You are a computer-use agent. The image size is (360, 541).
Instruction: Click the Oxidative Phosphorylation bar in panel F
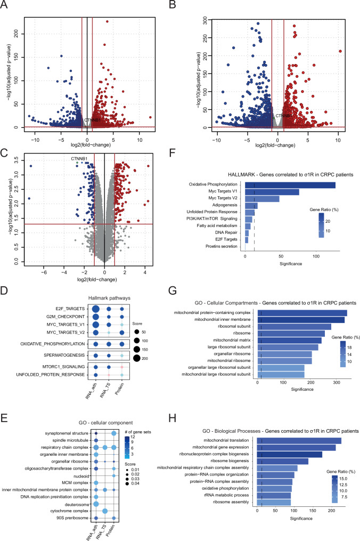pyautogui.click(x=290, y=185)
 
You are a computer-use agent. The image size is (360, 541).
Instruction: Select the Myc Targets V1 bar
pyautogui.click(x=272, y=192)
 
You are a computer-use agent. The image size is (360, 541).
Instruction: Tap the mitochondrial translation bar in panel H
pyautogui.click(x=299, y=441)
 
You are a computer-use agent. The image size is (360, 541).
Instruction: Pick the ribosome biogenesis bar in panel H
pyautogui.click(x=283, y=461)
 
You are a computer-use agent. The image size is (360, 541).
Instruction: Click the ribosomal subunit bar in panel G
pyautogui.click(x=294, y=327)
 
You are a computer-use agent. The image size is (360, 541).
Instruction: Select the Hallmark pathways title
pyautogui.click(x=109, y=298)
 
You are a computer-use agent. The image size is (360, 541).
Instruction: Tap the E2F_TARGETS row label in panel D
pyautogui.click(x=70, y=309)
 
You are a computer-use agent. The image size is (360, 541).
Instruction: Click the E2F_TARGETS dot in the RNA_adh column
pyautogui.click(x=96, y=309)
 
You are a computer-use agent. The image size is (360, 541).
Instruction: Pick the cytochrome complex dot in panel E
pyautogui.click(x=105, y=511)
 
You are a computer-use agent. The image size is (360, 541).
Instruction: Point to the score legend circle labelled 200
pyautogui.click(x=136, y=359)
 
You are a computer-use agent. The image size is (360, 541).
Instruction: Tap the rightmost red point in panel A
pyautogui.click(x=150, y=117)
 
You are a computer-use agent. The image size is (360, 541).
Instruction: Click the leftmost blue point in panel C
pyautogui.click(x=29, y=198)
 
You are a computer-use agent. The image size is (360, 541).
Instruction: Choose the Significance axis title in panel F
pyautogui.click(x=291, y=264)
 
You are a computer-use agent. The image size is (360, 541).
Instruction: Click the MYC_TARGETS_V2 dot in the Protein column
pyautogui.click(x=122, y=333)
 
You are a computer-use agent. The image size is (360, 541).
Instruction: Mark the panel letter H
pyautogui.click(x=172, y=418)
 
